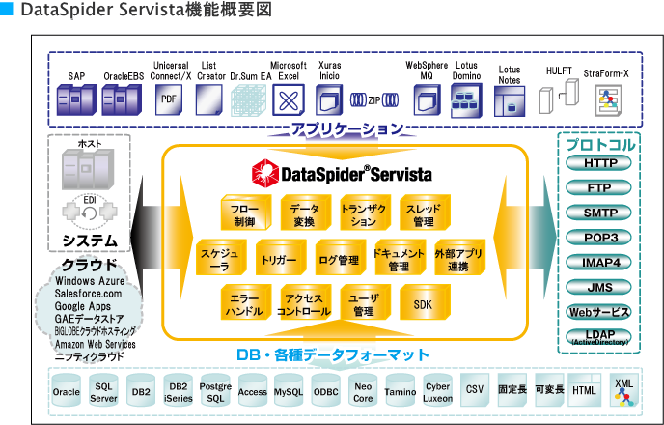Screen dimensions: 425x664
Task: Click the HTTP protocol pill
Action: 599,163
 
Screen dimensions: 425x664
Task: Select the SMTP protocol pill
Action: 599,212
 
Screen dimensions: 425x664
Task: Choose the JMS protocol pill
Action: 599,287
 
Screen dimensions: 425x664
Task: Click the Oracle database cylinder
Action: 67,392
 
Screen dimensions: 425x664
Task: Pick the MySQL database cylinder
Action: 288,392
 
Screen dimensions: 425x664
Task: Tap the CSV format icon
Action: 474,390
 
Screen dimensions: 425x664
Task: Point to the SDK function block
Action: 423,303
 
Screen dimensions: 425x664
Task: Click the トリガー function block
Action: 278,259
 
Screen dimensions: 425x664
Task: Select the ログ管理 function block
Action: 338,259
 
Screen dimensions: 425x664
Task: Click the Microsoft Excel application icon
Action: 287,100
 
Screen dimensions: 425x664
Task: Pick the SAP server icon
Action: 76,99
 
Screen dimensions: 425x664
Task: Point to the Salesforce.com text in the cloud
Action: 88,294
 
